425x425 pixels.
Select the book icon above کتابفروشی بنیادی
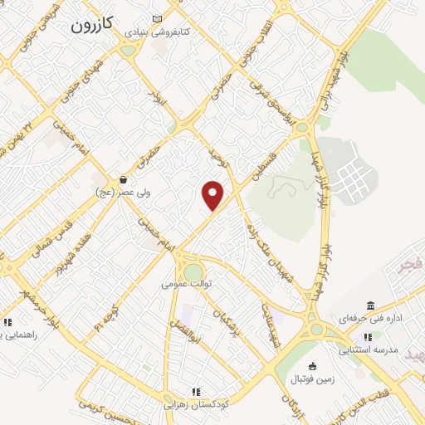[159, 19]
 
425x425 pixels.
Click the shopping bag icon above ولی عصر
[123, 178]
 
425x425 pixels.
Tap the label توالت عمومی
[188, 283]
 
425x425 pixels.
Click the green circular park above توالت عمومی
[193, 271]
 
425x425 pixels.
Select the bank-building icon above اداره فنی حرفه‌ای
[370, 305]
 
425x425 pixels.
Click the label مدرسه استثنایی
[369, 349]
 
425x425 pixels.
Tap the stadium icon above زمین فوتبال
[311, 366]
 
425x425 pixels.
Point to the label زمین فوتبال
[310, 379]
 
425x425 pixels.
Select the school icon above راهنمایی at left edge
[7, 322]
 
